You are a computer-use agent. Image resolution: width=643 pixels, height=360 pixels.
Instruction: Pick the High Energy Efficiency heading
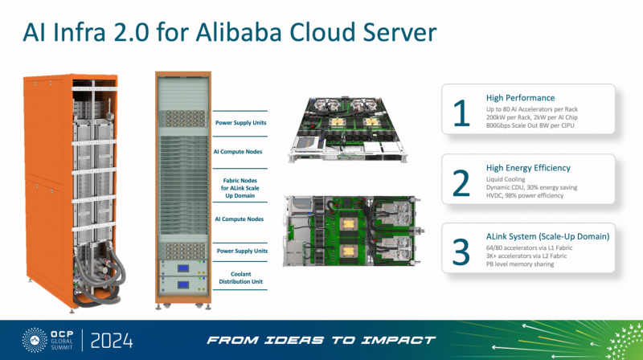pos(529,168)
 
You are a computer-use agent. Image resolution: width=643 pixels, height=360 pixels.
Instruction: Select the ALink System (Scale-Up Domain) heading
pos(547,236)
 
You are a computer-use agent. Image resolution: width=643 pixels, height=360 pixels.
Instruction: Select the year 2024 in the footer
pos(110,340)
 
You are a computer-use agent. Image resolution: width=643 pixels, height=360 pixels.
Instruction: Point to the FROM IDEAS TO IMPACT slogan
pos(321,340)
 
